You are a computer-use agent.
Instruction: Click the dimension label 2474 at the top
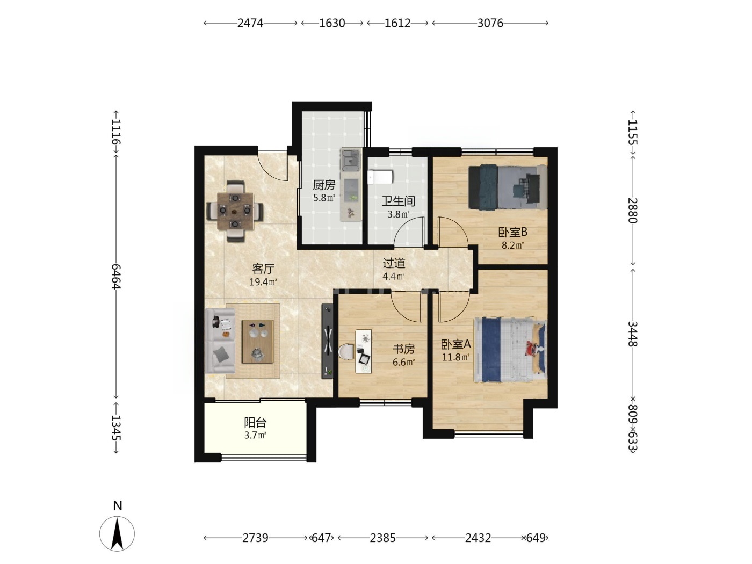click(250, 23)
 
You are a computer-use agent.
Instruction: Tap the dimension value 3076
click(490, 23)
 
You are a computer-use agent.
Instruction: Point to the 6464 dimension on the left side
click(116, 276)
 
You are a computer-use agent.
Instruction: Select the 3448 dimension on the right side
click(632, 334)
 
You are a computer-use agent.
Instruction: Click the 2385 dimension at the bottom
click(382, 538)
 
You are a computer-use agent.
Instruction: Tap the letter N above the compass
click(118, 505)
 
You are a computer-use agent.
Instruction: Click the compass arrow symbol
click(117, 533)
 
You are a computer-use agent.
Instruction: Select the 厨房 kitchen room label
click(324, 185)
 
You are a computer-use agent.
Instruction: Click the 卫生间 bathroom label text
click(399, 201)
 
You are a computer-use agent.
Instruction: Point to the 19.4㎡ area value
click(263, 282)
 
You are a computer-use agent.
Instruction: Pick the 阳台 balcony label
click(255, 423)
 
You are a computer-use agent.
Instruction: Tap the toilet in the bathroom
click(380, 177)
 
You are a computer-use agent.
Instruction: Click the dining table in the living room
click(235, 211)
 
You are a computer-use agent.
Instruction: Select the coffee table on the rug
click(258, 342)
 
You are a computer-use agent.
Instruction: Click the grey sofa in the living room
click(220, 341)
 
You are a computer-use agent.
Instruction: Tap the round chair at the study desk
click(346, 352)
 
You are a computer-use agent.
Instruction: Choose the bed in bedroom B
click(508, 187)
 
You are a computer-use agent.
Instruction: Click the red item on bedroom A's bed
click(532, 348)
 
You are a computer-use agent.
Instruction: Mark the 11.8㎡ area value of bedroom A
click(455, 357)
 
